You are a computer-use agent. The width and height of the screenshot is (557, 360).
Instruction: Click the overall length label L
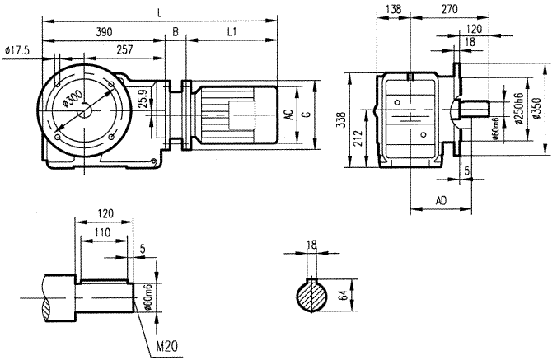[x=160, y=13]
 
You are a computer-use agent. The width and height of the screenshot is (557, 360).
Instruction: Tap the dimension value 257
[x=124, y=49]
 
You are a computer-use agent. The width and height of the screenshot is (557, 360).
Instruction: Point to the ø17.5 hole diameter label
[x=16, y=51]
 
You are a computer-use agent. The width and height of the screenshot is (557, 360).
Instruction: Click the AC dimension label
[x=289, y=116]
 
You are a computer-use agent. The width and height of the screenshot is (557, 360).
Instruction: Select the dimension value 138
[x=393, y=9]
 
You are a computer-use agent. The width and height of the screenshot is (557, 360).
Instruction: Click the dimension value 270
[x=449, y=9]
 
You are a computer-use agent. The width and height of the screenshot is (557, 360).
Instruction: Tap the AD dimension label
[x=441, y=200]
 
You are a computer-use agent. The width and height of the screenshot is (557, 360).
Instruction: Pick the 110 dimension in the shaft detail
[x=102, y=234]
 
